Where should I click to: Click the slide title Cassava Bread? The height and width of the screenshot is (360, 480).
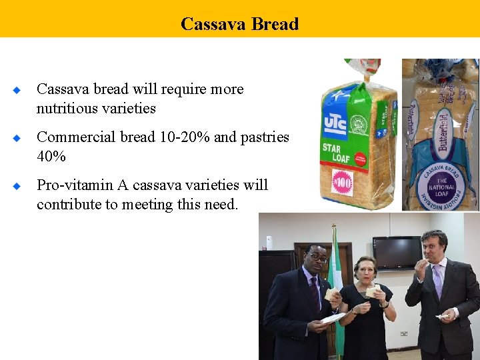click(239, 24)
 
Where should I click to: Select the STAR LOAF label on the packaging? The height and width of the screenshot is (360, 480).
click(338, 152)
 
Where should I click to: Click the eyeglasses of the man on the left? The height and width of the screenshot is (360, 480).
click(319, 257)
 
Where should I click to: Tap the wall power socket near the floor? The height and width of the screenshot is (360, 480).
click(405, 333)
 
